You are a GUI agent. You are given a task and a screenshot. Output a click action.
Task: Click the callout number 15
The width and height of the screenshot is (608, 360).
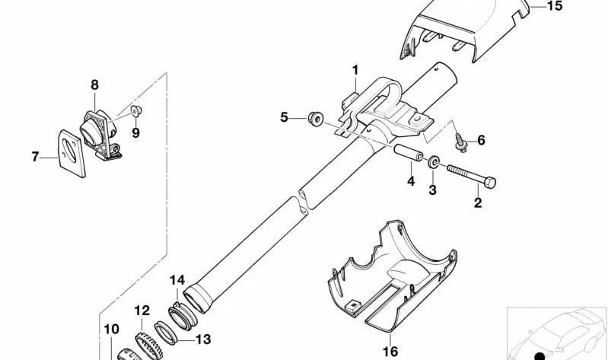554,6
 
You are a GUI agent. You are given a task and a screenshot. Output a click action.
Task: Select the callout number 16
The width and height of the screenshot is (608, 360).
390,352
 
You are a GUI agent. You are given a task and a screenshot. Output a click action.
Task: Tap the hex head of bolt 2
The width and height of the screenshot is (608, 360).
490,182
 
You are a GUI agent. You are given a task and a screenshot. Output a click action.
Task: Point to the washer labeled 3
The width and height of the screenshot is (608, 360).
434,162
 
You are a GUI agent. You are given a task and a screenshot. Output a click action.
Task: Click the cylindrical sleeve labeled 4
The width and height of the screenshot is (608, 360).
409,153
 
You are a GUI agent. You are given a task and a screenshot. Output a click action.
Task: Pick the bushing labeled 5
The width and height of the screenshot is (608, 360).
316,117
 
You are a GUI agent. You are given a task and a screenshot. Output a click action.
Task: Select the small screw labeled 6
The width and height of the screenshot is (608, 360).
461,143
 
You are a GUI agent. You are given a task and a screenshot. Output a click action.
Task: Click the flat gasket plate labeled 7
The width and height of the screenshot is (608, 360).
72,154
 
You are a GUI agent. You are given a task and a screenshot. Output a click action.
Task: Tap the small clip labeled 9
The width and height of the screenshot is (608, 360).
136,111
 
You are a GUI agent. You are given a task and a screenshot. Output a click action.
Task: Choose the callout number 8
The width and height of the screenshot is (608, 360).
95,84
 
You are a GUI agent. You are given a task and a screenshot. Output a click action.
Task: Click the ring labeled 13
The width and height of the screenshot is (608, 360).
166,333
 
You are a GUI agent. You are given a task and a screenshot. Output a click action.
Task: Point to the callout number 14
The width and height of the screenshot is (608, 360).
177,279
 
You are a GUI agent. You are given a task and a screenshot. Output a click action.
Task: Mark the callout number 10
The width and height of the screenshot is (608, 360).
111,330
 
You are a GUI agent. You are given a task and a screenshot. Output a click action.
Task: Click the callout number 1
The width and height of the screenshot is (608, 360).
355,70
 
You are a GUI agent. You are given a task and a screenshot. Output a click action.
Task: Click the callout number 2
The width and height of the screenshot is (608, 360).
478,202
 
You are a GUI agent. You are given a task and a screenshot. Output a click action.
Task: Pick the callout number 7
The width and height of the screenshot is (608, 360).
35,157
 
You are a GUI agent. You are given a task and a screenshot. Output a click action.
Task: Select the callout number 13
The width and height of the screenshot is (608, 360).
203,339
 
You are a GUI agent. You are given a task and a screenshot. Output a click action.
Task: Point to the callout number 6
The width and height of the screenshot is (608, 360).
481,140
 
